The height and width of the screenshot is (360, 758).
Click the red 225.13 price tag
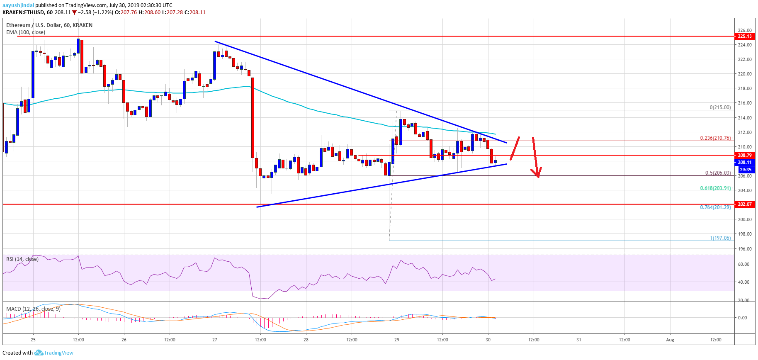point(744,36)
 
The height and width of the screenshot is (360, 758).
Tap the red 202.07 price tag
point(744,204)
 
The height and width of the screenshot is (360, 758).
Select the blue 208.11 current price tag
point(744,162)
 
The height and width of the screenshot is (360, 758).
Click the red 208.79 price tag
point(744,155)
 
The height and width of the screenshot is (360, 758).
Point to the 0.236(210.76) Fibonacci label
point(715,138)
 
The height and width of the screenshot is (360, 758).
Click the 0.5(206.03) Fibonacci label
point(718,173)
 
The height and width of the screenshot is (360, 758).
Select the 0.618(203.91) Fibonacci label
point(715,188)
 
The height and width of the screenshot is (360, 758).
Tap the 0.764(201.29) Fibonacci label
point(715,207)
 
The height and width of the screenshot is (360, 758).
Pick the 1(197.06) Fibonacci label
point(720,238)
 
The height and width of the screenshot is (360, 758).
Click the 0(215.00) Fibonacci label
point(720,107)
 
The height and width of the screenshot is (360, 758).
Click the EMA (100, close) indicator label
point(26,32)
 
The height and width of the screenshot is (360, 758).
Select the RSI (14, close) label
point(22,259)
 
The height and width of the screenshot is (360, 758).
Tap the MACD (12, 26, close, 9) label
point(33,309)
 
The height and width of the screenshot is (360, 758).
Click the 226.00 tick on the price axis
point(744,30)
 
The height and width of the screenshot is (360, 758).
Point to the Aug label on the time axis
point(670,340)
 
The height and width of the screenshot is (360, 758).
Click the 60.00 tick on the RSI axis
point(743,264)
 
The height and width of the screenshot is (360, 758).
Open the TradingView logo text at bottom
point(58,353)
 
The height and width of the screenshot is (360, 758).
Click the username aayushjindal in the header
point(18,5)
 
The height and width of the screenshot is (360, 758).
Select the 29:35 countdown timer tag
point(745,170)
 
